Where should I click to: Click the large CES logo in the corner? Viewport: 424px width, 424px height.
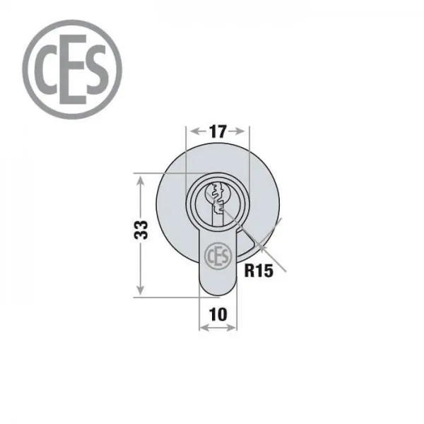tap(72, 69)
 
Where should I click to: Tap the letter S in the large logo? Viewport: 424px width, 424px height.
tap(95, 70)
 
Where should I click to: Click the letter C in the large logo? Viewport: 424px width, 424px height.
tap(45, 69)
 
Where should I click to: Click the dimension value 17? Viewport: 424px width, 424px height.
tap(218, 131)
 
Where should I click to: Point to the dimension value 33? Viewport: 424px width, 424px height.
tap(141, 230)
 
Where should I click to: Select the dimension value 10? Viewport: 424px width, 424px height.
tap(218, 314)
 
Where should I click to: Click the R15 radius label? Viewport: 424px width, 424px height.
tap(259, 271)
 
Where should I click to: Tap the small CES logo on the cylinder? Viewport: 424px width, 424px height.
tap(218, 256)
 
